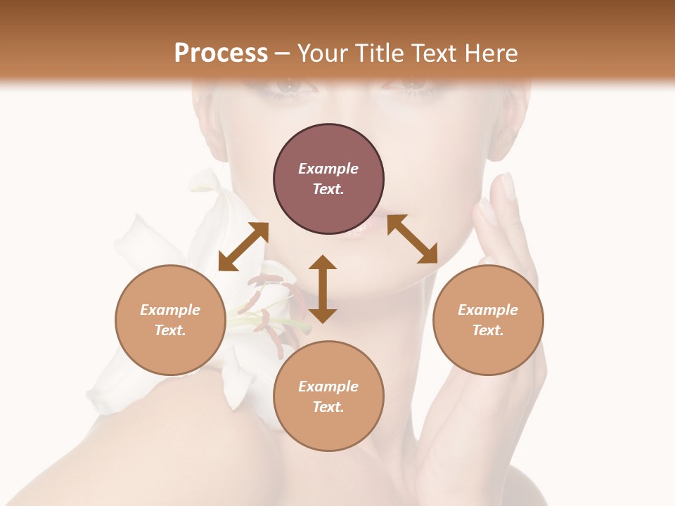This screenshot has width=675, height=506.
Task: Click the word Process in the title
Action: [221, 53]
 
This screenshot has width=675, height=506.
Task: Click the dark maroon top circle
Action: [328, 179]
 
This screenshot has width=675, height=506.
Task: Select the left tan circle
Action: [170, 320]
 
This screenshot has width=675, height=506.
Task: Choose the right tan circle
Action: [488, 320]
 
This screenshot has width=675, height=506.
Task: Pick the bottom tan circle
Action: [328, 396]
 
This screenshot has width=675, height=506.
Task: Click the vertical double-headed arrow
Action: [323, 289]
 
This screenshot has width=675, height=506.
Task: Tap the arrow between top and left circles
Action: [243, 247]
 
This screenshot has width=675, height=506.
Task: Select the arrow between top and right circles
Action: [412, 239]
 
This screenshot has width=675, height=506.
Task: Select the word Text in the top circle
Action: [328, 190]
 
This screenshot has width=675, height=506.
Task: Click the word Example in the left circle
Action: [170, 310]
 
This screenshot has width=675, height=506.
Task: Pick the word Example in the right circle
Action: [488, 310]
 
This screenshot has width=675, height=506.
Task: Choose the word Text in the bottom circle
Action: [328, 407]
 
